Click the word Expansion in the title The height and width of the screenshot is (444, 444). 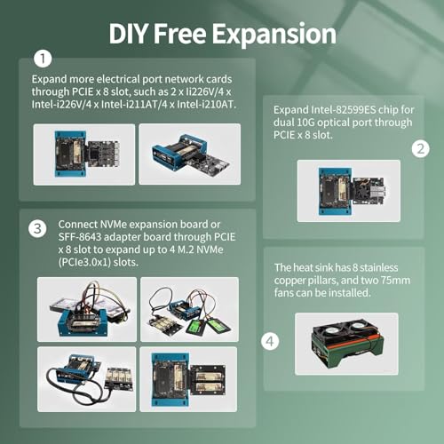(x=274, y=35)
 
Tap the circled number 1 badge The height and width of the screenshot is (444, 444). (x=43, y=59)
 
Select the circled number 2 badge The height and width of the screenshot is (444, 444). (x=420, y=149)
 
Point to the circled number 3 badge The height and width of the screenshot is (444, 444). (x=37, y=229)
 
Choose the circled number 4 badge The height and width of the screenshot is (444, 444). (x=270, y=341)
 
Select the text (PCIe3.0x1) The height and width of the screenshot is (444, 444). (x=84, y=262)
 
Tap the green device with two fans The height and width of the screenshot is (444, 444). (x=347, y=343)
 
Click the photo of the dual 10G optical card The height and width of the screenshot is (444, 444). (x=349, y=191)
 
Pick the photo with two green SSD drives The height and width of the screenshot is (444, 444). (x=189, y=309)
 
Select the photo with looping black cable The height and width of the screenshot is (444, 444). (x=87, y=379)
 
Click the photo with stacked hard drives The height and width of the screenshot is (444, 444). (x=87, y=309)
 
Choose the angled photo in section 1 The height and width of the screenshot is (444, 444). (x=190, y=155)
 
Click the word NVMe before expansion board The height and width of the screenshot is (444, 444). (x=114, y=225)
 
